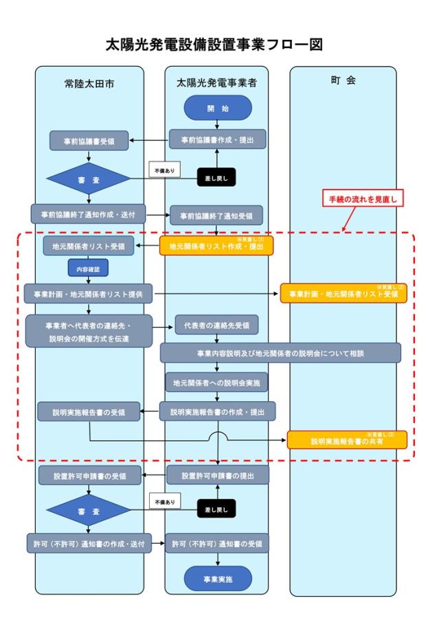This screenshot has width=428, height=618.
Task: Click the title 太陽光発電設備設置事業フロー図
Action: coord(214,45)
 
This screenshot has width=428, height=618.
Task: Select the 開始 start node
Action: coord(218,108)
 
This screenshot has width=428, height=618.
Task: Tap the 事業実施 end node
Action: coord(218,580)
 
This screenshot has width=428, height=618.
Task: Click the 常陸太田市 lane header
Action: coord(90,83)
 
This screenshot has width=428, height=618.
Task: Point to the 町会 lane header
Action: coord(343,80)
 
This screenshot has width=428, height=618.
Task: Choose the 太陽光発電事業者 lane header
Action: coord(216,83)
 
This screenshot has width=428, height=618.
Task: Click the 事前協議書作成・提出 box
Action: coord(218,140)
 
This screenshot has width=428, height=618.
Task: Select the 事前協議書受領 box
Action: coord(90,142)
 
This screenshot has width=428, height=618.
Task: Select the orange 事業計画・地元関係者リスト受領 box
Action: coord(343,293)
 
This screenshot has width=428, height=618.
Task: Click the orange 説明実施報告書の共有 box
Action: coord(347,440)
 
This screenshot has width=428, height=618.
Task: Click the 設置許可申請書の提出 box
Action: coord(218,474)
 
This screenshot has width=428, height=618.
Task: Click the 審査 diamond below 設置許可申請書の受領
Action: coord(88,510)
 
